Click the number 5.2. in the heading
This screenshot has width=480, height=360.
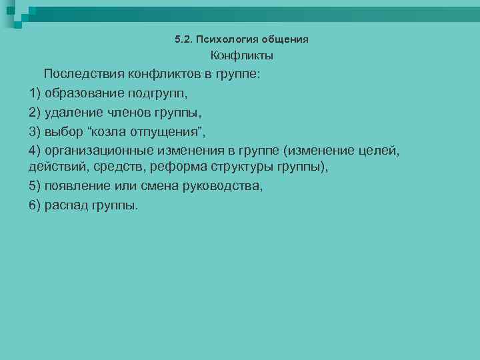click(x=183, y=39)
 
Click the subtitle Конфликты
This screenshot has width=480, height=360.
click(x=242, y=56)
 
